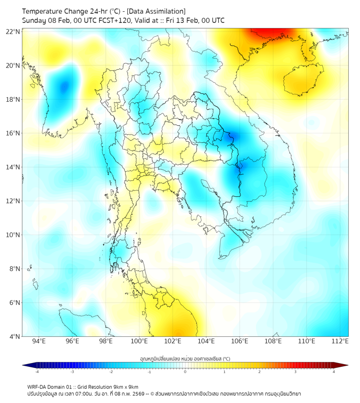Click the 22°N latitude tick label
click(x=13, y=31)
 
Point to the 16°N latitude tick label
click(x=13, y=133)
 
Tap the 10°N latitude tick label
click(x=13, y=235)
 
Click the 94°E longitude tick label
click(x=39, y=341)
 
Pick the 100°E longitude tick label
click(x=140, y=341)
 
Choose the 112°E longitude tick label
click(x=340, y=341)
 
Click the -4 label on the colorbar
click(x=37, y=372)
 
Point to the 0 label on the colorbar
click(x=185, y=372)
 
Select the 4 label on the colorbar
click(x=333, y=372)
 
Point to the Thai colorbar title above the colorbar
click(x=185, y=359)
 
